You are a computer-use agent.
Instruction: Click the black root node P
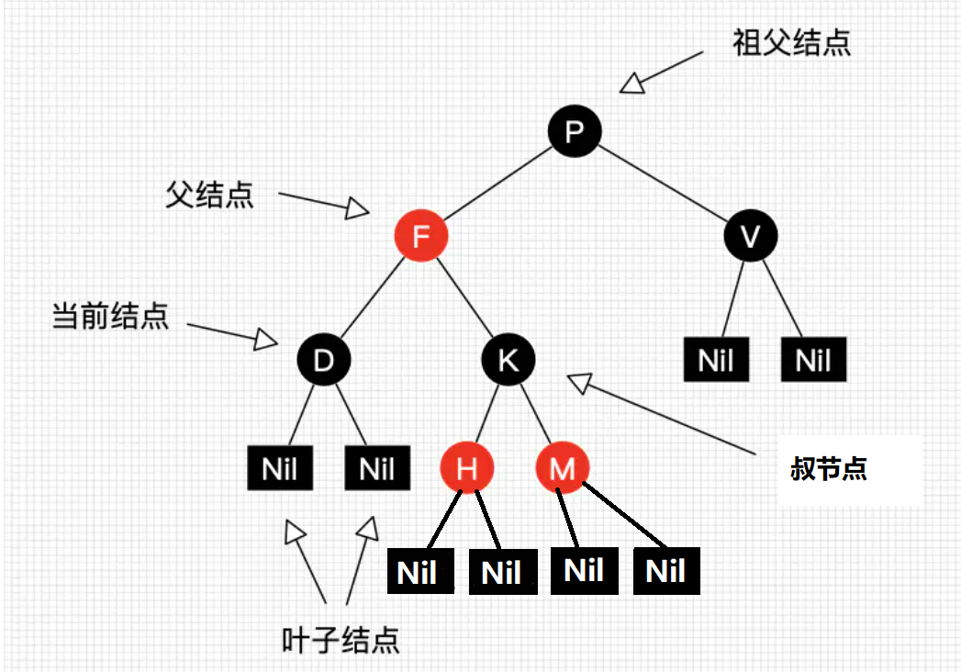575,131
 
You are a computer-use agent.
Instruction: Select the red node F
421,236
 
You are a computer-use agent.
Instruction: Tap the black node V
751,236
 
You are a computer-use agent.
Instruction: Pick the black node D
323,361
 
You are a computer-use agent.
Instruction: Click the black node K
508,361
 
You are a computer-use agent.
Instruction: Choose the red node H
467,469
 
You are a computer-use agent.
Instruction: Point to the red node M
563,469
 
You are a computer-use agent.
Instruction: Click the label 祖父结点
791,43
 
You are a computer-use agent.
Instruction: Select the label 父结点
209,195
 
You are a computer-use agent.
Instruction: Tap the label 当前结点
110,317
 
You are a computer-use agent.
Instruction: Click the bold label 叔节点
828,470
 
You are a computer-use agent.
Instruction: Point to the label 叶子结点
341,639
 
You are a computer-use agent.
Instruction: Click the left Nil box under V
716,360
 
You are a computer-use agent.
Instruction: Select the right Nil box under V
813,360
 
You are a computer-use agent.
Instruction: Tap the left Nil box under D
280,469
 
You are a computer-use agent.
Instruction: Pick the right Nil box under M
666,571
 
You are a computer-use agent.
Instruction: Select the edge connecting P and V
663,184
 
